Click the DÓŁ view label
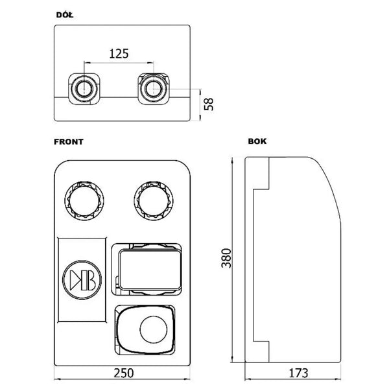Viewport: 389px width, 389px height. [65, 15]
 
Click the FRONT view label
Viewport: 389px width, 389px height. [69, 142]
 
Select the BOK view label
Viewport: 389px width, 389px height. [257, 141]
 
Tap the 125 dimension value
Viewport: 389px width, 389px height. [119, 54]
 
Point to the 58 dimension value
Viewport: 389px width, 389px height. [209, 104]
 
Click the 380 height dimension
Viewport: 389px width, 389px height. [226, 258]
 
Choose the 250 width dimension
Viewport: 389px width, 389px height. [124, 373]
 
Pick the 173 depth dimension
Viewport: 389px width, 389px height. [298, 373]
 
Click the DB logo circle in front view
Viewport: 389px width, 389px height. [82, 279]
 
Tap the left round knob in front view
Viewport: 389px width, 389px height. [84, 201]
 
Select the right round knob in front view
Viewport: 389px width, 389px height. [154, 201]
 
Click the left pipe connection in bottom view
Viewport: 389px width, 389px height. [84, 89]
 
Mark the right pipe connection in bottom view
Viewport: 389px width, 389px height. [154, 89]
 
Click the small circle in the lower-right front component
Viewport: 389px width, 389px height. [154, 329]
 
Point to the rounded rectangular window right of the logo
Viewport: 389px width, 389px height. [150, 270]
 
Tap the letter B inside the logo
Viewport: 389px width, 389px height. [89, 280]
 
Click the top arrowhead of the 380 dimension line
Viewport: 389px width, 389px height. [232, 161]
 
